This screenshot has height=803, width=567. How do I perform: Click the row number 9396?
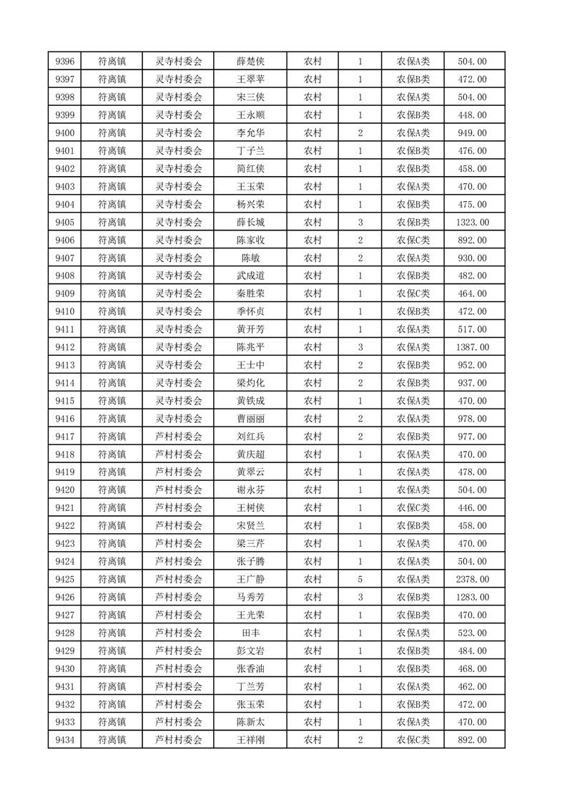tap(64, 62)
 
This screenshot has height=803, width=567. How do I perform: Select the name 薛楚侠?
tap(250, 62)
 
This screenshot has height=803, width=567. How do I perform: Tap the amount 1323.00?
tap(472, 223)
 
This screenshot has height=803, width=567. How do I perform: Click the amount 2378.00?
tap(472, 579)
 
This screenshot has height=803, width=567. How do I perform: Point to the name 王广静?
tap(250, 579)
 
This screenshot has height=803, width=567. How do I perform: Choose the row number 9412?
tap(64, 347)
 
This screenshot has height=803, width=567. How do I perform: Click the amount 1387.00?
tap(472, 347)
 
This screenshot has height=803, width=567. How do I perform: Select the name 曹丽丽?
tap(250, 419)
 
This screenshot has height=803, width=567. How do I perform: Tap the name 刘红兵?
tap(250, 437)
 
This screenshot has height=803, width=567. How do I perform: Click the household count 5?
tap(360, 579)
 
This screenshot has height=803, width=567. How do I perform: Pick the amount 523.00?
tap(472, 633)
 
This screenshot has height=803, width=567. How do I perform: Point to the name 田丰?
tap(250, 633)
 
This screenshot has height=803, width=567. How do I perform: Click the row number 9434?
tap(64, 740)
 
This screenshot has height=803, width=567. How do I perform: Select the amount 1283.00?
tap(472, 597)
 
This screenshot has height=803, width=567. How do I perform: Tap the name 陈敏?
tap(250, 258)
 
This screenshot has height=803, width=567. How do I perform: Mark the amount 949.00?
tap(472, 133)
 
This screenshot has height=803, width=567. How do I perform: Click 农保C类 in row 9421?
tap(413, 508)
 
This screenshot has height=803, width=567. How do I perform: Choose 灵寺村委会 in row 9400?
tap(179, 133)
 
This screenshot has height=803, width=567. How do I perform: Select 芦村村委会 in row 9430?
tap(179, 668)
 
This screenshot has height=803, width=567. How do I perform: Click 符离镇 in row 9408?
tap(112, 276)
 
